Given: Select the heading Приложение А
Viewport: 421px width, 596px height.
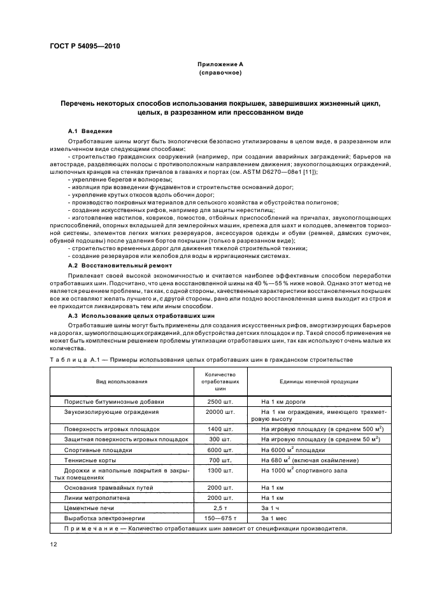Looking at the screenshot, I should click(220, 65).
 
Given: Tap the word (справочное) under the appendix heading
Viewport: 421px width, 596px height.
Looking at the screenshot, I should click(220, 73).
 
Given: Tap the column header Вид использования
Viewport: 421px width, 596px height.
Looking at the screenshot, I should click(122, 381).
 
